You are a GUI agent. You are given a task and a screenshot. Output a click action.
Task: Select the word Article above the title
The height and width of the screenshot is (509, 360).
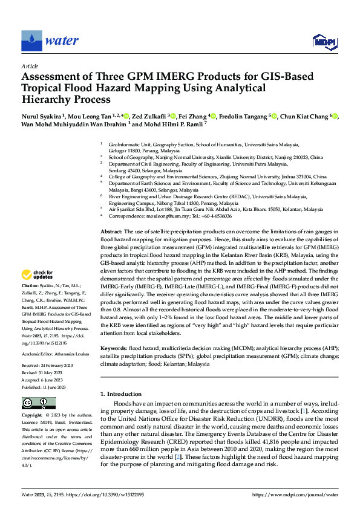tap(30, 65)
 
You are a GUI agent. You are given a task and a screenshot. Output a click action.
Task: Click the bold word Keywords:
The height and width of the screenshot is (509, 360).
tap(113, 349)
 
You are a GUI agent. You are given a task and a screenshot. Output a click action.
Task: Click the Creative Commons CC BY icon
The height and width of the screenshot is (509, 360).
tap(39, 403)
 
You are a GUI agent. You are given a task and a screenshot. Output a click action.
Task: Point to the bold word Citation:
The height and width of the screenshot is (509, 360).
tap(30, 285)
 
